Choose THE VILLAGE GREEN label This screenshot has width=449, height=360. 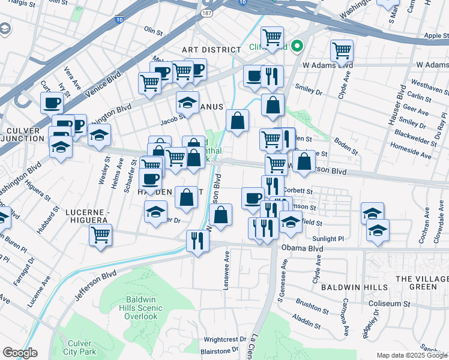click(x=422, y=283)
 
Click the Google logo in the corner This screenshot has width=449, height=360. click(x=20, y=353)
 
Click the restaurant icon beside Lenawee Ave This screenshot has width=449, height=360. click(x=197, y=241)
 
